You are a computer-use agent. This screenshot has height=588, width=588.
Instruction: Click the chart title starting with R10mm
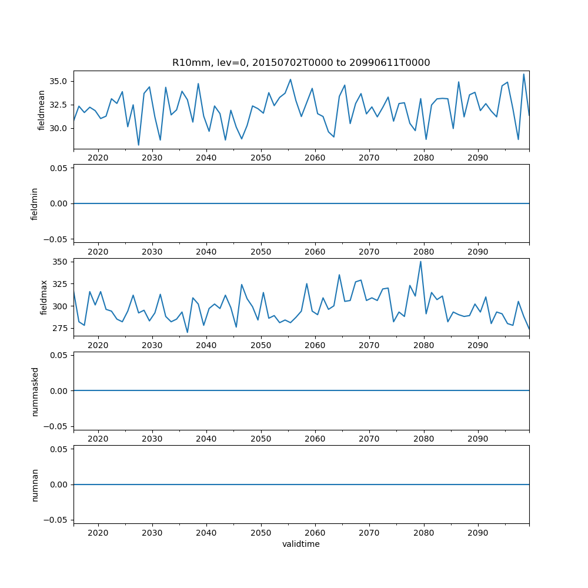tap(301, 62)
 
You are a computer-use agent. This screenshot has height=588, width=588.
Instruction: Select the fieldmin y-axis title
tap(34, 203)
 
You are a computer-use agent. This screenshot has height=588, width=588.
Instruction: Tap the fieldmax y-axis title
tap(44, 297)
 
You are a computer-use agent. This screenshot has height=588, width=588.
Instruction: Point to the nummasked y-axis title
tap(34, 391)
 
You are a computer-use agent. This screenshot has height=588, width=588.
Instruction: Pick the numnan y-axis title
tap(34, 485)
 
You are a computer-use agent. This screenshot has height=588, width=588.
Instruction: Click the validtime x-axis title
tap(301, 544)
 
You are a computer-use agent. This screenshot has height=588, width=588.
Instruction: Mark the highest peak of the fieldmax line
tap(420, 262)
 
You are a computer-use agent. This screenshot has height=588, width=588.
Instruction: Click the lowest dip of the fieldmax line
tap(188, 332)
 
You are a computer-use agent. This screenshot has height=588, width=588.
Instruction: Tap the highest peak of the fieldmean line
tap(524, 74)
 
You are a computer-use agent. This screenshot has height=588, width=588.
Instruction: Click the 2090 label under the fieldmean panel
tap(477, 158)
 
